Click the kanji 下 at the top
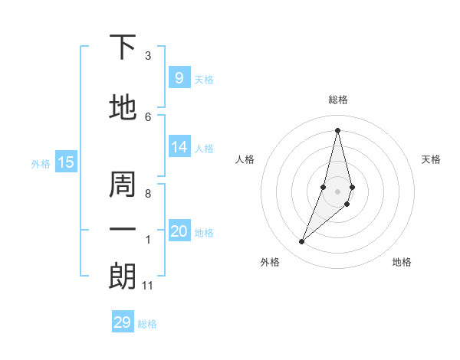pyautogui.click(x=123, y=47)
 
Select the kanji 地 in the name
pyautogui.click(x=123, y=108)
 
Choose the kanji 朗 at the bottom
pyautogui.click(x=123, y=277)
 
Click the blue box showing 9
pyautogui.click(x=179, y=78)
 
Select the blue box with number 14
pyautogui.click(x=179, y=147)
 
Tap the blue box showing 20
pyautogui.click(x=179, y=231)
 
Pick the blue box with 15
pyautogui.click(x=65, y=162)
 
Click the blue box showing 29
pyautogui.click(x=123, y=322)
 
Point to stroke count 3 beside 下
pyautogui.click(x=148, y=56)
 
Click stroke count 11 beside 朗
pyautogui.click(x=147, y=286)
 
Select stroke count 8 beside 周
pyautogui.click(x=148, y=194)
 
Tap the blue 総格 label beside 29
pyautogui.click(x=147, y=324)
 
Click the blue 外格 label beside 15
pyautogui.click(x=40, y=163)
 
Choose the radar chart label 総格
pyautogui.click(x=337, y=100)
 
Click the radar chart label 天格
pyautogui.click(x=432, y=159)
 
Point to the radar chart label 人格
pyautogui.click(x=245, y=159)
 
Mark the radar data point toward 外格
pyautogui.click(x=301, y=242)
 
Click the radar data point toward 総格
pyautogui.click(x=337, y=129)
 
